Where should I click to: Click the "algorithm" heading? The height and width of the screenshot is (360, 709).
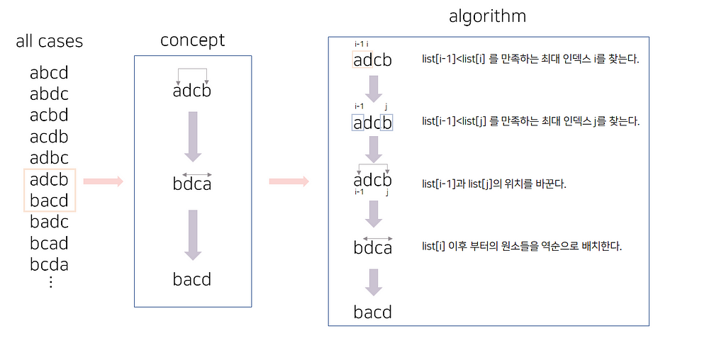pos(487,16)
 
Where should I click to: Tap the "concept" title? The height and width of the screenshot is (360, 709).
pos(192,40)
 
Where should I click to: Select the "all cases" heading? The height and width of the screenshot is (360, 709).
pos(49,41)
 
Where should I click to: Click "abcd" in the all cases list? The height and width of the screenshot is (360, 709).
pos(49,73)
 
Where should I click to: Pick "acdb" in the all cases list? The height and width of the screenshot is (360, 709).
pos(49,137)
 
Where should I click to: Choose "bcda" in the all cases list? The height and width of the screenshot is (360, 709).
pos(49,265)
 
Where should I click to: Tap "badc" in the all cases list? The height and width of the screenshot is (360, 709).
pos(49,223)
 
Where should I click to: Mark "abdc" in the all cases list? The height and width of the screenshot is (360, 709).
pos(49,94)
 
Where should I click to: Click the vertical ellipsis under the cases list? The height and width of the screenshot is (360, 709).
pos(50,282)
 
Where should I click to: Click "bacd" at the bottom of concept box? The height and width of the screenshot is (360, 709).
pos(192,279)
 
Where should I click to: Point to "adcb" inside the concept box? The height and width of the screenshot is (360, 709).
pos(192,91)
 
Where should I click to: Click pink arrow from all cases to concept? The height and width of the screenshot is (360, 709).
pos(103,181)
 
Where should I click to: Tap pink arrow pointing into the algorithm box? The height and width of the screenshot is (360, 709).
pos(289,181)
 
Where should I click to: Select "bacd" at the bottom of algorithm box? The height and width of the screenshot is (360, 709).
pos(373,312)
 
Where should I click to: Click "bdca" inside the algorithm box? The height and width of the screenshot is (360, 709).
pos(373,247)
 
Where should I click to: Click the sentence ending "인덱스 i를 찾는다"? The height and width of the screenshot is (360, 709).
pos(530,60)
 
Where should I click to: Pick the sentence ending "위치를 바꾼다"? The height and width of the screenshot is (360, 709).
pos(495,184)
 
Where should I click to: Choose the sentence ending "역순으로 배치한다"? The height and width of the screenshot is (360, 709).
pos(522,247)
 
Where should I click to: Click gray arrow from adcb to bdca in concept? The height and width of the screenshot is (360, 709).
pos(192,137)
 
